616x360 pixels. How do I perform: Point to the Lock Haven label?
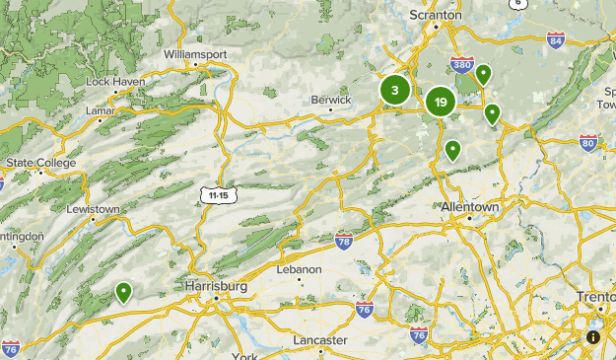coord(115,81)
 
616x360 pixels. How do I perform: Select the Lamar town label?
coord(102,111)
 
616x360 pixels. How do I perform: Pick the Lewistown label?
coord(93,209)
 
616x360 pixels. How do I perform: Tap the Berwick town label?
coord(330,100)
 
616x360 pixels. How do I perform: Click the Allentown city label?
coord(469,208)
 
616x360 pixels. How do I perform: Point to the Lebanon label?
coord(301,269)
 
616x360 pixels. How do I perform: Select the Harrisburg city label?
coord(216,286)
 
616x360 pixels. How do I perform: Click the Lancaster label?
coord(320,340)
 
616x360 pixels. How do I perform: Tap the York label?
coord(243,355)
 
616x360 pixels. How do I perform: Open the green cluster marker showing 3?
coord(395,91)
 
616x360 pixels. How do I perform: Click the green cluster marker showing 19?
coord(440,101)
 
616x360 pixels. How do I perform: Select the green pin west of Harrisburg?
coord(123,292)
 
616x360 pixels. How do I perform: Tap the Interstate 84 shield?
coord(557,40)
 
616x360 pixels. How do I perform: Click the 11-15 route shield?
coord(218,195)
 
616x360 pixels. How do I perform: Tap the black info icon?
coord(593,337)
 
